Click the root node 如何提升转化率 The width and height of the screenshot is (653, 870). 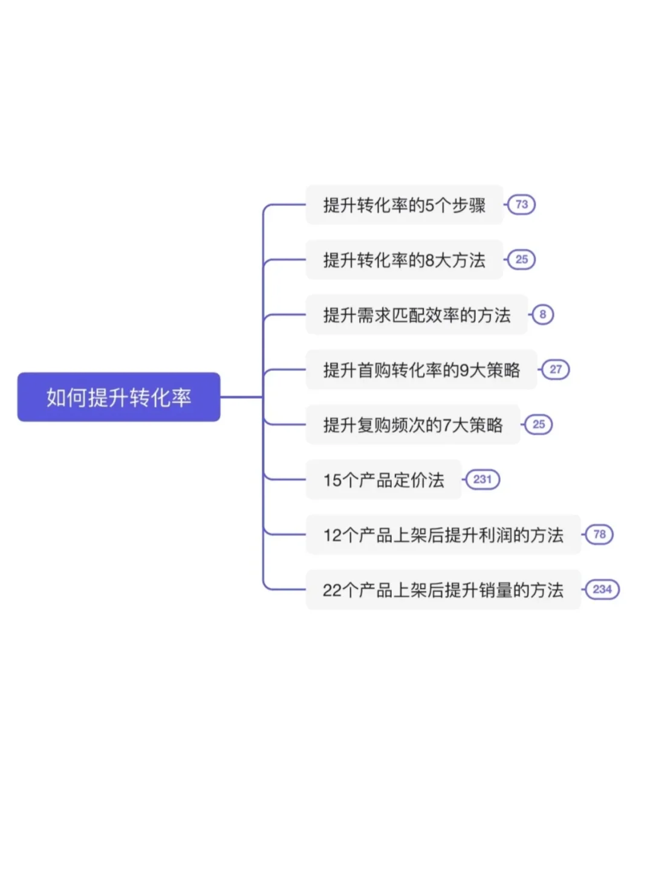click(119, 397)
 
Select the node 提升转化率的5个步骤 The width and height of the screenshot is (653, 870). click(404, 205)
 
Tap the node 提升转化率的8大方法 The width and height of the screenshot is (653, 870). click(404, 260)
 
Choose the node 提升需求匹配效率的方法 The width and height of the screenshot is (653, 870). click(417, 315)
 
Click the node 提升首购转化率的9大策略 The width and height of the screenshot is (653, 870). click(421, 370)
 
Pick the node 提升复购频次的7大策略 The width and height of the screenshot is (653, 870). click(413, 425)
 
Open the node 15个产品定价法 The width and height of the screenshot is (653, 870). click(383, 480)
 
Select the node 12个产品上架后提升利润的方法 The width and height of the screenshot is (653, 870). click(443, 535)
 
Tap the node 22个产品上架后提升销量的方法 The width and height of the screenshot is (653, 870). click(443, 590)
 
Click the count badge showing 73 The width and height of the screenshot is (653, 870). click(521, 204)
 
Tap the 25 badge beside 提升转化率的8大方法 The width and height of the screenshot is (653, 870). click(521, 259)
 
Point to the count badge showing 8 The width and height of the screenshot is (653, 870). click(542, 314)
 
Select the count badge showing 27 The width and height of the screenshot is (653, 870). click(555, 369)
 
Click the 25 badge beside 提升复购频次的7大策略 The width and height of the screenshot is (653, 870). click(538, 424)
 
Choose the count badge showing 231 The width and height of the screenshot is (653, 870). click(482, 479)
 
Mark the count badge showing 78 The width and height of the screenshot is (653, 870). click(599, 534)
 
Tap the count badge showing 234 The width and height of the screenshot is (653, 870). click(602, 589)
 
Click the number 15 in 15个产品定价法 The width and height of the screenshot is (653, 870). click(333, 480)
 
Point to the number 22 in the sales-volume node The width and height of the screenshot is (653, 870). click(333, 590)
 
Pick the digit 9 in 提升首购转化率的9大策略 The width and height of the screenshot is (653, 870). click(464, 370)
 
